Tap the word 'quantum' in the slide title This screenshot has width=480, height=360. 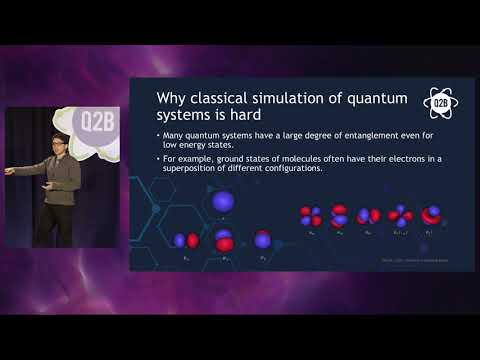pos(377,97)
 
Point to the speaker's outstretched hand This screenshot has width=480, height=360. pos(10,171)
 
